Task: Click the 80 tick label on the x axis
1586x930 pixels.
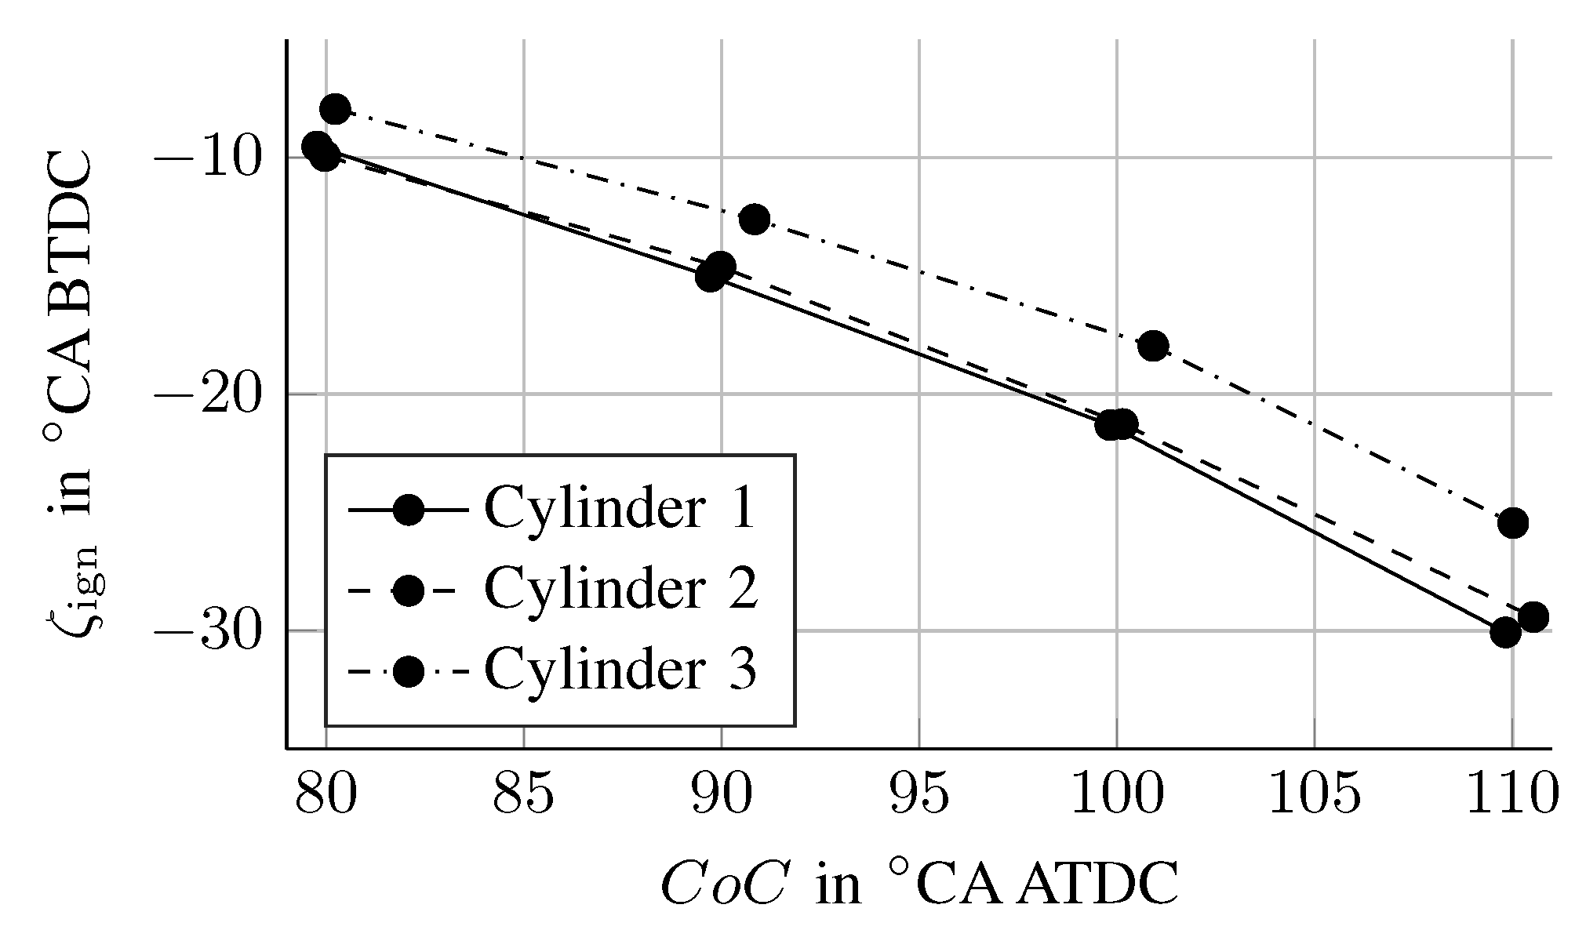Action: click(326, 796)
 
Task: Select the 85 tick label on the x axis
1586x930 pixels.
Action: click(523, 796)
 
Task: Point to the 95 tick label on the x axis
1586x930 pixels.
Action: click(918, 796)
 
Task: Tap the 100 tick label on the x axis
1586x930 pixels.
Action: click(1116, 796)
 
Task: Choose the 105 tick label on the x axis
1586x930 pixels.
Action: click(1314, 796)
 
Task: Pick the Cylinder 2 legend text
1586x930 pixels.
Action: click(620, 588)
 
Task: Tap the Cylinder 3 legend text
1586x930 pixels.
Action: click(620, 669)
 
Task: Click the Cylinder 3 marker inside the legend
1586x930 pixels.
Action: click(408, 670)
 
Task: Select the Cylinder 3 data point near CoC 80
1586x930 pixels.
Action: click(335, 109)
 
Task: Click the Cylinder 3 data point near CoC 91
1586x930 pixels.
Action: click(755, 220)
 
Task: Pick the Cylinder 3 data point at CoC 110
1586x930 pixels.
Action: click(1513, 522)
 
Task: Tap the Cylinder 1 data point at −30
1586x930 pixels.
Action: click(1505, 631)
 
